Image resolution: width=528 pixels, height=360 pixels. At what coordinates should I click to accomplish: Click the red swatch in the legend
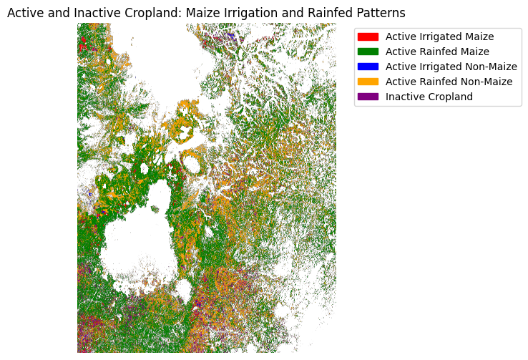pyautogui.click(x=368, y=37)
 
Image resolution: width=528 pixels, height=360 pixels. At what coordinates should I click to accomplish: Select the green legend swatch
pyautogui.click(x=368, y=52)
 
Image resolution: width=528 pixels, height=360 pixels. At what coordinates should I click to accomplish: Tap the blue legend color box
pyautogui.click(x=368, y=67)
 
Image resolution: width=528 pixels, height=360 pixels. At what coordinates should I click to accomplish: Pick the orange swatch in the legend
pyautogui.click(x=368, y=82)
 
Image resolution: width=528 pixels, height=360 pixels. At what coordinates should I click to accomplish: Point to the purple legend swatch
pyautogui.click(x=368, y=97)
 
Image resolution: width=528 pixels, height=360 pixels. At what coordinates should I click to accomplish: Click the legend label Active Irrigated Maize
pyautogui.click(x=439, y=37)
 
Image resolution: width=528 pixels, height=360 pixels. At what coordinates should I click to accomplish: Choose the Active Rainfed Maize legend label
pyautogui.click(x=437, y=52)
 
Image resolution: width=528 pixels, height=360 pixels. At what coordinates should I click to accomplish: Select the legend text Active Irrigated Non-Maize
pyautogui.click(x=451, y=67)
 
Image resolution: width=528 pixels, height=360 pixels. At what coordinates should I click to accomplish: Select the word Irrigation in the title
pyautogui.click(x=243, y=13)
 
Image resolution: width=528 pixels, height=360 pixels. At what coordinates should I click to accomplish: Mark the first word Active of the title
pyautogui.click(x=24, y=13)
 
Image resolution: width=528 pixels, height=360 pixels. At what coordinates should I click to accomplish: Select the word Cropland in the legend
pyautogui.click(x=449, y=97)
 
